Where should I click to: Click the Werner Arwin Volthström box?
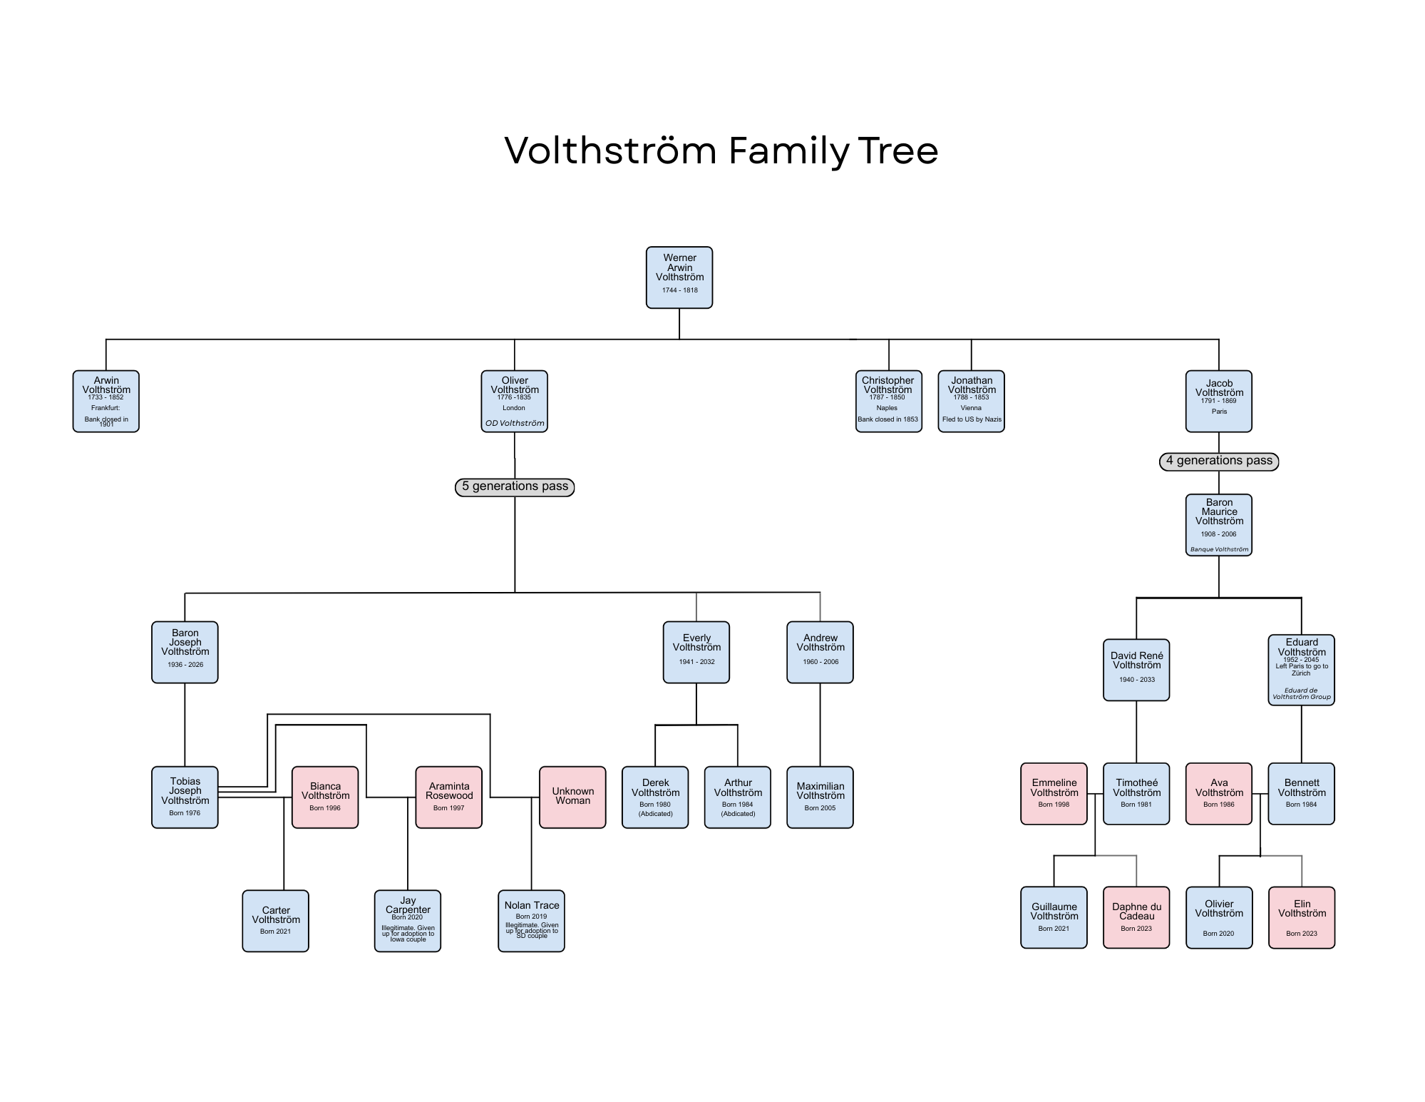(x=679, y=277)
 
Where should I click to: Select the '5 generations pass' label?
(x=515, y=486)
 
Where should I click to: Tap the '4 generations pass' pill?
(x=1219, y=461)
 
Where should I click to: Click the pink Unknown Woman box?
(x=572, y=797)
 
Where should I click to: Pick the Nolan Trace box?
(x=531, y=920)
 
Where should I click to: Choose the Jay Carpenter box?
(x=408, y=920)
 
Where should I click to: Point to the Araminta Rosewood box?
(x=449, y=797)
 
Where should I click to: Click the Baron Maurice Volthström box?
(x=1219, y=524)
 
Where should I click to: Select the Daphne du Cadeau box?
(x=1136, y=917)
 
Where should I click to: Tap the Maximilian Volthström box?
(x=820, y=797)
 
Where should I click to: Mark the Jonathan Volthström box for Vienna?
(x=971, y=401)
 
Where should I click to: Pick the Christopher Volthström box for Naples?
(x=888, y=401)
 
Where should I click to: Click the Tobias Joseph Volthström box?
(x=185, y=797)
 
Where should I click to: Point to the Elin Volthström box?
(x=1301, y=917)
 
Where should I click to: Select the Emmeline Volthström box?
(x=1054, y=793)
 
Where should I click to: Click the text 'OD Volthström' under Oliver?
(x=515, y=423)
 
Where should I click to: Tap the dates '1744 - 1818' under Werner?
(x=679, y=290)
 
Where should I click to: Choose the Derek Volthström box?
(x=655, y=797)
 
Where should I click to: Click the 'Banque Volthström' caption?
(x=1219, y=549)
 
